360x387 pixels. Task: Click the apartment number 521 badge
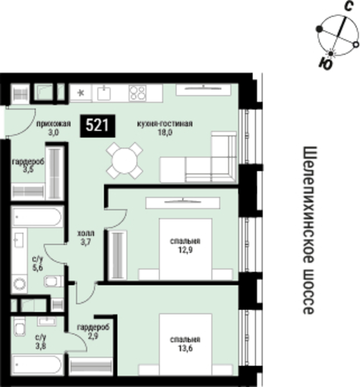point(98,126)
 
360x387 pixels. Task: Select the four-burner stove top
point(137,92)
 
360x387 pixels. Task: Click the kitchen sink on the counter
point(104,93)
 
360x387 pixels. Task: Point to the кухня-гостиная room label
point(165,123)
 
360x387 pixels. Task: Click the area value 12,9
point(186,250)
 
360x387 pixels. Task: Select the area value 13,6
point(185,349)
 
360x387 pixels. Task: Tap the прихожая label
point(53,123)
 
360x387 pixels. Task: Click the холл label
point(85,233)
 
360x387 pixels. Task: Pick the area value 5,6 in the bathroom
point(38,268)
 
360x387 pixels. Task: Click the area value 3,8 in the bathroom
point(41,346)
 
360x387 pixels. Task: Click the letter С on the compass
point(349,6)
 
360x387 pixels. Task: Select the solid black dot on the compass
point(319,29)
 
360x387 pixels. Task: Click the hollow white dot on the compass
point(356,45)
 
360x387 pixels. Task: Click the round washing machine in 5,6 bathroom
point(20,284)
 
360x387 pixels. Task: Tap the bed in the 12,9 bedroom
point(186,249)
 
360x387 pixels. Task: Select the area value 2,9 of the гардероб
point(93,336)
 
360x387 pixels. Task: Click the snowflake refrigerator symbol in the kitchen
point(80,93)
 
